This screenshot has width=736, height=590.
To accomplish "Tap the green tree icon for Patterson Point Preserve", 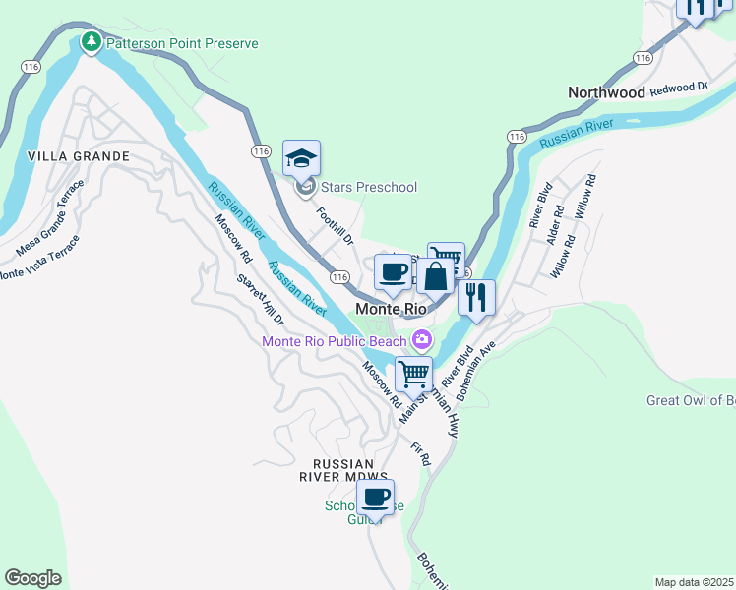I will click(92, 42).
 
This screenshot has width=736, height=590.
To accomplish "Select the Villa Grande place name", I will click(79, 156).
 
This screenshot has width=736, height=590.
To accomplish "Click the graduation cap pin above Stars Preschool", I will click(301, 159).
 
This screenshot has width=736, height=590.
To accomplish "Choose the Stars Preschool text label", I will click(369, 187).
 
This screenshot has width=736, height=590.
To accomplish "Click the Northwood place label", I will click(607, 92).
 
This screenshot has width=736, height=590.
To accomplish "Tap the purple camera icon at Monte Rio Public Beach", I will click(422, 339).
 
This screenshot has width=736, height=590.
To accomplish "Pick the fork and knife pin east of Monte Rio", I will click(476, 298).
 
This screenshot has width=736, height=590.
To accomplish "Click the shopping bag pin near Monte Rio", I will click(436, 278).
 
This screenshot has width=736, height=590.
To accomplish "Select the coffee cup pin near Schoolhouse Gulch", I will click(375, 498).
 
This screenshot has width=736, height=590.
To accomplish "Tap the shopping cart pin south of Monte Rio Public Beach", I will click(414, 375).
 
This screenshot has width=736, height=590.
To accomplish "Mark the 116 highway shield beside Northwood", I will click(643, 58).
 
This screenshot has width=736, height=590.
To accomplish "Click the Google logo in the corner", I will click(33, 578).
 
